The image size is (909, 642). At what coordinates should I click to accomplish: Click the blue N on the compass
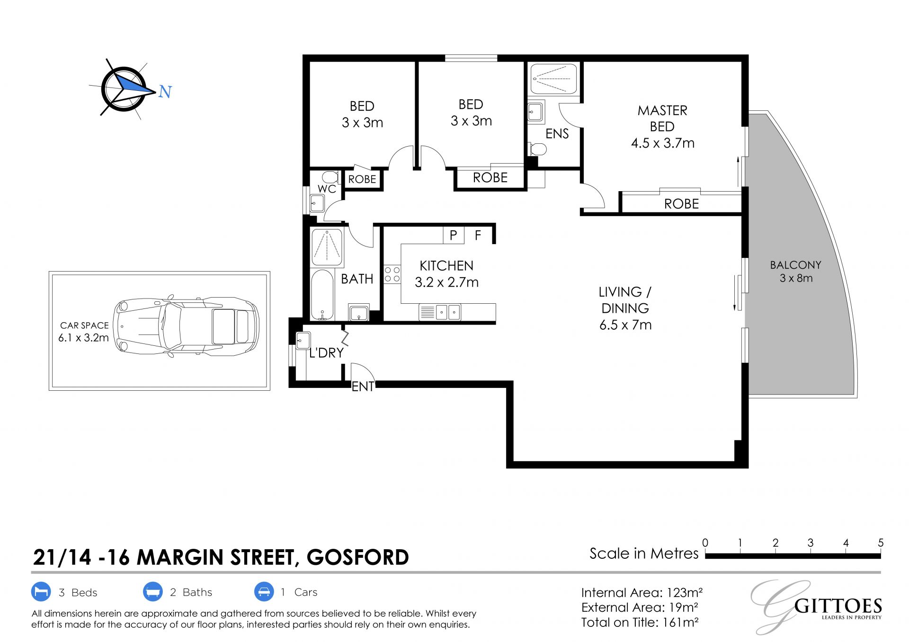point(165,91)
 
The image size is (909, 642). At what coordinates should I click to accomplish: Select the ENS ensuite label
point(557,134)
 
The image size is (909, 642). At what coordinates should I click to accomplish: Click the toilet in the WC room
point(330,177)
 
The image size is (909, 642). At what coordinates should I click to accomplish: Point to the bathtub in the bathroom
point(322,295)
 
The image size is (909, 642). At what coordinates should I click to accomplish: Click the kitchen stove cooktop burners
point(392,274)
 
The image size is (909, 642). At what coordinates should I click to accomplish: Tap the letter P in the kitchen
point(453,235)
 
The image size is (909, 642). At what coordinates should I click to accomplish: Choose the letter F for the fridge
point(478,235)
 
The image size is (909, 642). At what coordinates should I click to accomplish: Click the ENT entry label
point(363,387)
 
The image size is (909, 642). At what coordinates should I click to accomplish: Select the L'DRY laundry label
point(326,353)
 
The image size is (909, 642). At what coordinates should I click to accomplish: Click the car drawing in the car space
point(186,326)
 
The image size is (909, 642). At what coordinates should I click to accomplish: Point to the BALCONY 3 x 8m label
point(796,272)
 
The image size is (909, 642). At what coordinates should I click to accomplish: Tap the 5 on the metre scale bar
point(881,543)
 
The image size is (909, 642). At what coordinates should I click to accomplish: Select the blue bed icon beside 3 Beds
point(41,592)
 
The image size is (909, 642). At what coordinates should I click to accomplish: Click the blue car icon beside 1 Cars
point(264,591)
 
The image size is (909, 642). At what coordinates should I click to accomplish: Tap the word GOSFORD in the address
point(358,557)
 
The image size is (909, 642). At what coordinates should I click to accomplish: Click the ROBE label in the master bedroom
point(681,204)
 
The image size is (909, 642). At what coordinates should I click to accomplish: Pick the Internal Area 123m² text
point(642,592)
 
